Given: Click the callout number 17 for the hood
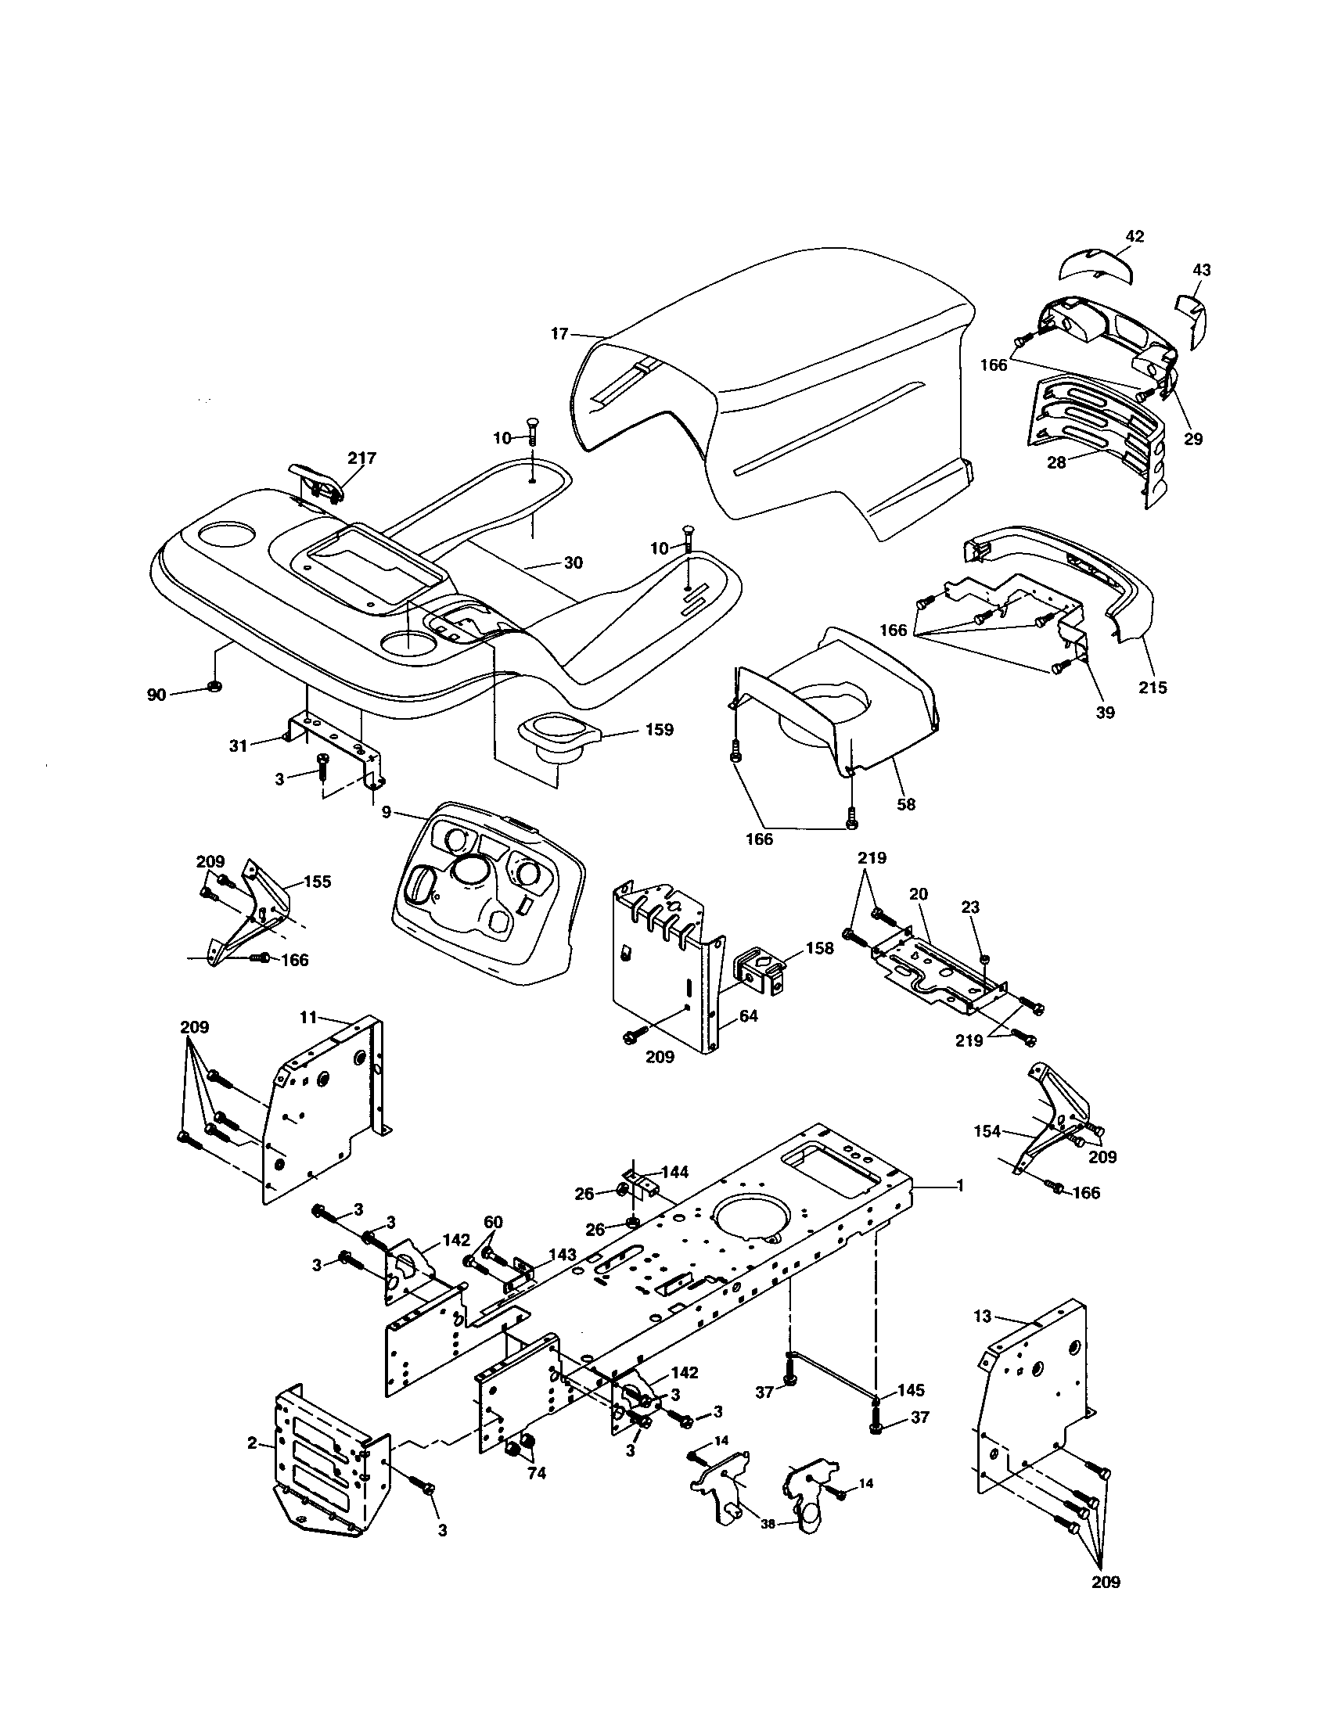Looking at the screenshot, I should pos(559,334).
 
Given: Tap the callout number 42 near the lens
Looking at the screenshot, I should pos(1135,236).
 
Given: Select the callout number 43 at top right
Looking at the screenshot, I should pos(1202,271).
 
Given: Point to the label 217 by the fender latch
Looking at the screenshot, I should pos(362,458).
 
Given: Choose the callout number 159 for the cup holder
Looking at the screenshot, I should pos(658,730).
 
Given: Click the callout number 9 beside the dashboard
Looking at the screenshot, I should pos(386,811).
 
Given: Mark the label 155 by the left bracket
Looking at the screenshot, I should pos(318,882).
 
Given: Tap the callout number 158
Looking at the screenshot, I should pos(818,949).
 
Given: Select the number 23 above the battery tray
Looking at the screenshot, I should pos(970,907).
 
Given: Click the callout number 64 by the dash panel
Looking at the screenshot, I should pos(748,1016).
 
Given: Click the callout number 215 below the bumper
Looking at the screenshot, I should pos(1152,687).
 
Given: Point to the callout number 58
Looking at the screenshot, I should pos(907,804).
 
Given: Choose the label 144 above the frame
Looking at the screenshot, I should pos(674,1172).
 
